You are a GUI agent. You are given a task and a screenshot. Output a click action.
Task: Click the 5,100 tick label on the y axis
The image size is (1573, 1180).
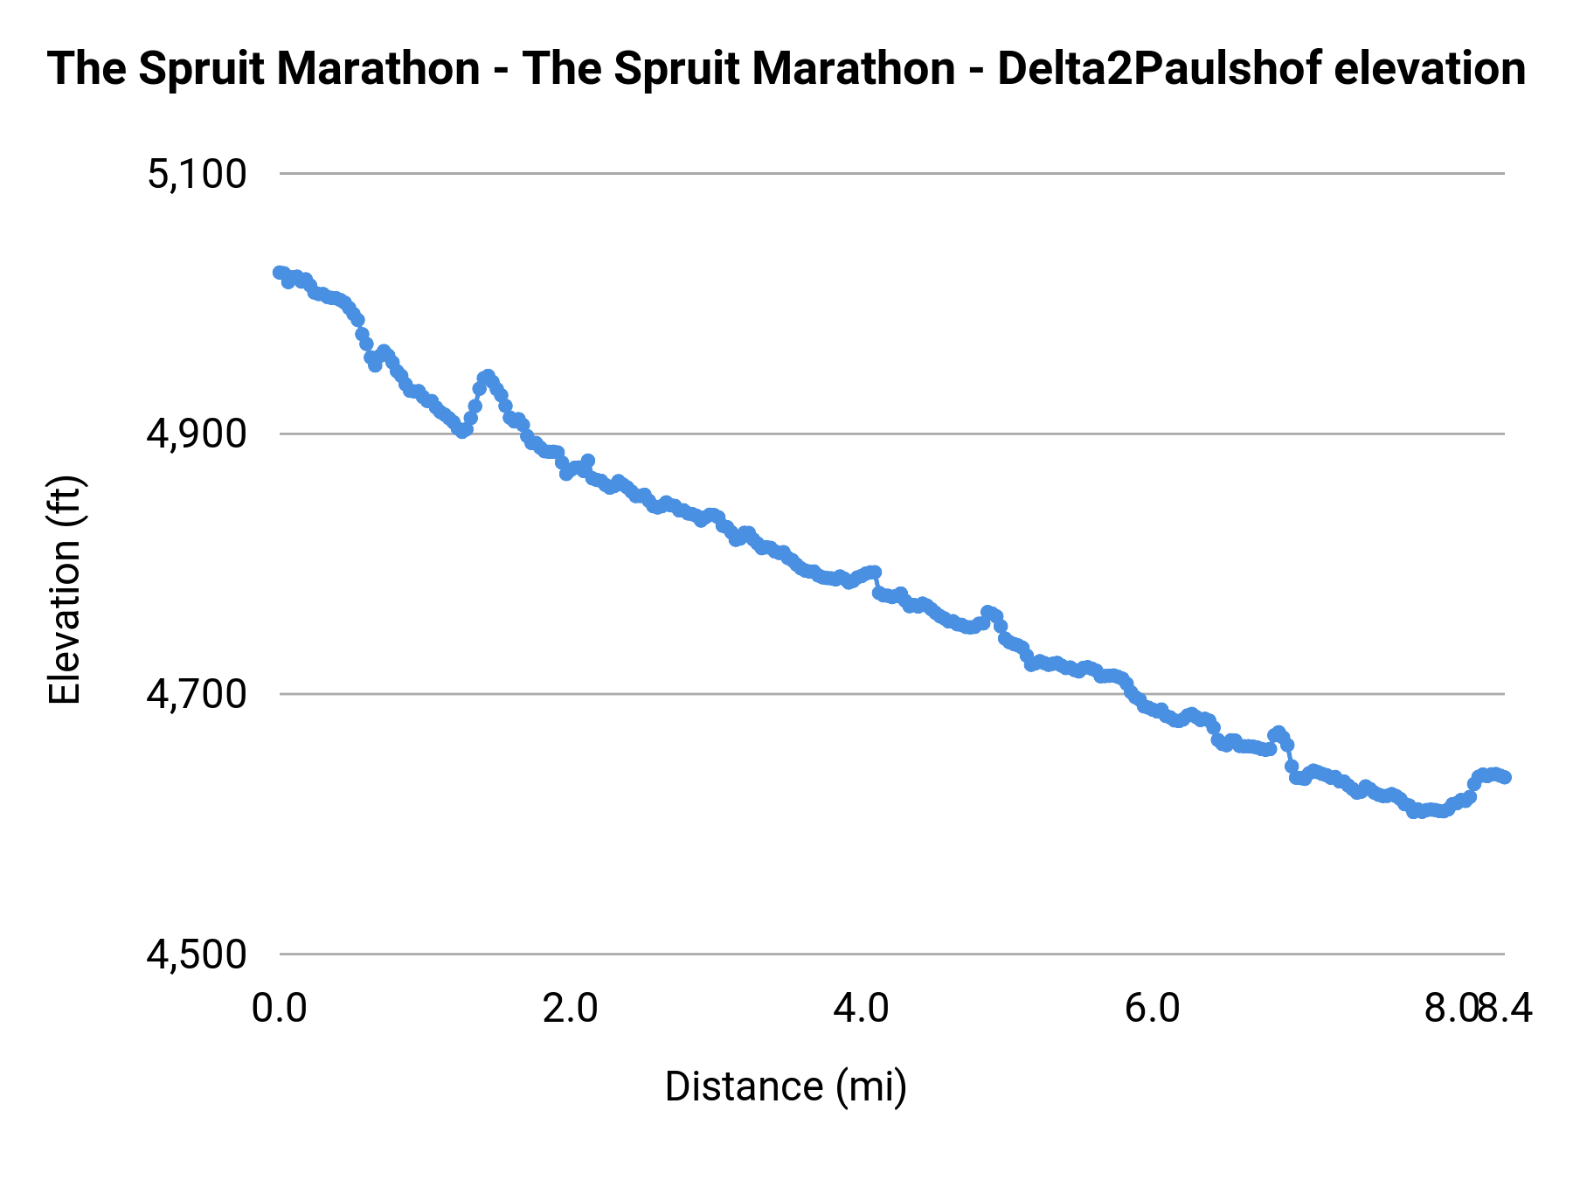click(197, 174)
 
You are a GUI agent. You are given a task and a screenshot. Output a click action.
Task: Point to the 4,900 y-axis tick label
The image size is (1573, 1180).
click(197, 434)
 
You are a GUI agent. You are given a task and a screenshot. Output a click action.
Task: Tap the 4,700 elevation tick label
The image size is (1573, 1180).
click(197, 694)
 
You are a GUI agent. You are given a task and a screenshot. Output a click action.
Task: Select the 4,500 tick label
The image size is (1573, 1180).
click(197, 954)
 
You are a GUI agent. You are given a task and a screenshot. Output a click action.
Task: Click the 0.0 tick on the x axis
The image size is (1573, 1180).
click(279, 1009)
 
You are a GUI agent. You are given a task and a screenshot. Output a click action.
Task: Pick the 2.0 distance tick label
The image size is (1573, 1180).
click(570, 1009)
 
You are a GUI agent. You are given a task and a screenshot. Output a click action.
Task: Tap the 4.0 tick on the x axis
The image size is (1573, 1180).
click(861, 1009)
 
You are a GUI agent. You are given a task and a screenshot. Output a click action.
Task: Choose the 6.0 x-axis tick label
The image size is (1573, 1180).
click(1152, 1009)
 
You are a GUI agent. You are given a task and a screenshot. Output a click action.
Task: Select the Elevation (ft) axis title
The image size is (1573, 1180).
click(65, 590)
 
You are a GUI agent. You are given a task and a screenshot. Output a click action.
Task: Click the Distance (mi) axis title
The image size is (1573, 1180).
click(786, 1086)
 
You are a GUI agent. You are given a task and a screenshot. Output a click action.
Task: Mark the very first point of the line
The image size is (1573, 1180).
click(279, 273)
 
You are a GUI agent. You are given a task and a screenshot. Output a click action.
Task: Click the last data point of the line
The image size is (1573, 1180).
click(1505, 777)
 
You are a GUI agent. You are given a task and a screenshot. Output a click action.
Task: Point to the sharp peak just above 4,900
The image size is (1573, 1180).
click(487, 376)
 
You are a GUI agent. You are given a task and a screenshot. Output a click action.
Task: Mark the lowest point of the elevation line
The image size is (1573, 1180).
click(1414, 812)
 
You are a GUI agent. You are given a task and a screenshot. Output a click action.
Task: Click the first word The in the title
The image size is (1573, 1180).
click(87, 68)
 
